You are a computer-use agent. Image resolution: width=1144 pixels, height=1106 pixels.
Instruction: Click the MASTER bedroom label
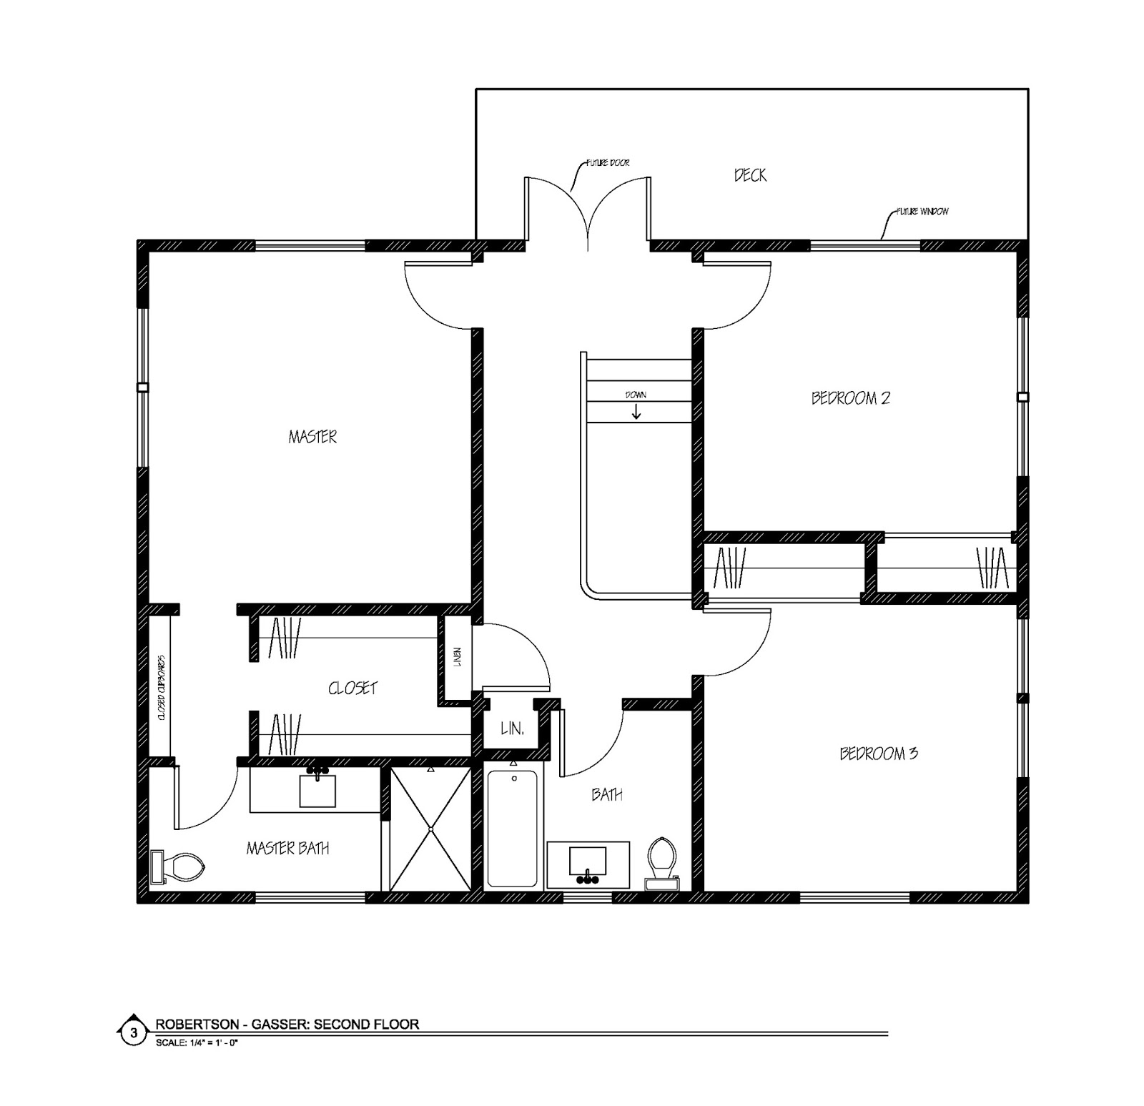[312, 436]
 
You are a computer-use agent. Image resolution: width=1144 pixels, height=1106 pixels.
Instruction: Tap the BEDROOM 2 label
[850, 398]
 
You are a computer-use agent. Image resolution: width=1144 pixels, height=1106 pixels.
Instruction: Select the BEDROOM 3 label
[879, 753]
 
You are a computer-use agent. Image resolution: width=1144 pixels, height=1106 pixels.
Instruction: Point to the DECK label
[750, 174]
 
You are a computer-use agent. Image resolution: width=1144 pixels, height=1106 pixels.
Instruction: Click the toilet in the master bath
[178, 866]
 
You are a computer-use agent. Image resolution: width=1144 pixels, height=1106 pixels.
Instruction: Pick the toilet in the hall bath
[661, 862]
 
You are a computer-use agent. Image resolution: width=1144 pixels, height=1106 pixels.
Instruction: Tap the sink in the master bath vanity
[317, 789]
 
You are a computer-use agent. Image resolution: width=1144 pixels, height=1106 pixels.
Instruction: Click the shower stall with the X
[430, 829]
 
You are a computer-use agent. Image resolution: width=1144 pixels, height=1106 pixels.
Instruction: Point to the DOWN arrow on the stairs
[636, 412]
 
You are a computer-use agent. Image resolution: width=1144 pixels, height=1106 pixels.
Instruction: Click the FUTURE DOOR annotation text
[608, 163]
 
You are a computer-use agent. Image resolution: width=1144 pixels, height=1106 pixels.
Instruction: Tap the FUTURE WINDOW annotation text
[922, 212]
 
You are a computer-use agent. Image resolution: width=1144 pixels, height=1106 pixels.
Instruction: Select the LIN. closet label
[513, 729]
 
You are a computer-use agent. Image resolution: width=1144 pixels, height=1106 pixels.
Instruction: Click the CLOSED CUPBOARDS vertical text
[162, 687]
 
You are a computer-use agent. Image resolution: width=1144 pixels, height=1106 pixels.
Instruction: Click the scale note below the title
[197, 1042]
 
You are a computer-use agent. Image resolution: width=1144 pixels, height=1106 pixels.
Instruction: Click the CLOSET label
[352, 688]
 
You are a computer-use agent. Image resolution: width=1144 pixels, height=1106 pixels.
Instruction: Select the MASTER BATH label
[288, 848]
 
